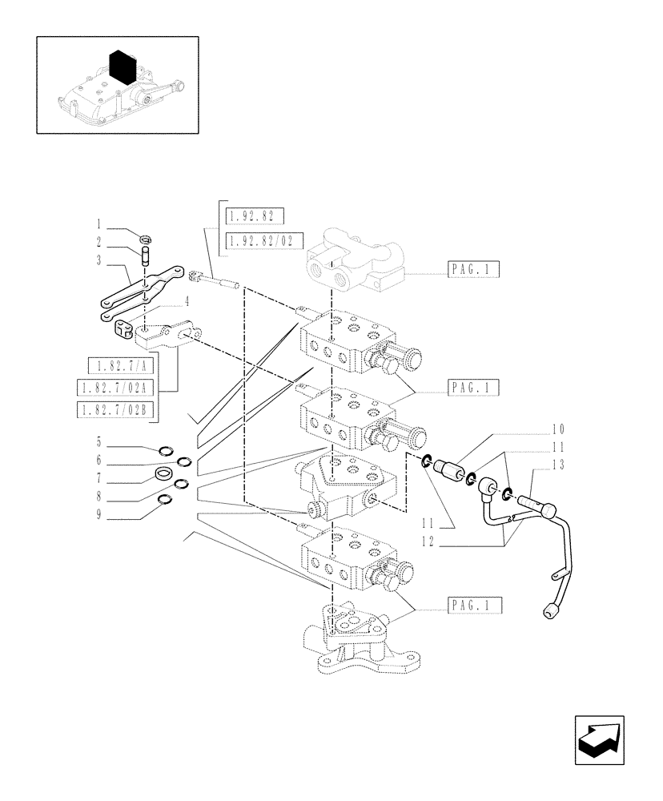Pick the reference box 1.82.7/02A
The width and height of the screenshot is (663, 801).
coord(118,388)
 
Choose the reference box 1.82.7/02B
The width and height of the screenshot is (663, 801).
coord(118,411)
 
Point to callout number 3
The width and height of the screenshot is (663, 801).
coord(98,260)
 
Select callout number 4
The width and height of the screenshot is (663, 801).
coord(186,301)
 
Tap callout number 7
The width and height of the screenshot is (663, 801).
coord(98,483)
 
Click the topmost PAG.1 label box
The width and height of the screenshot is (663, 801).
coord(470,271)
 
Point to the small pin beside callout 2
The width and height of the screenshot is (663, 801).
coord(147,258)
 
